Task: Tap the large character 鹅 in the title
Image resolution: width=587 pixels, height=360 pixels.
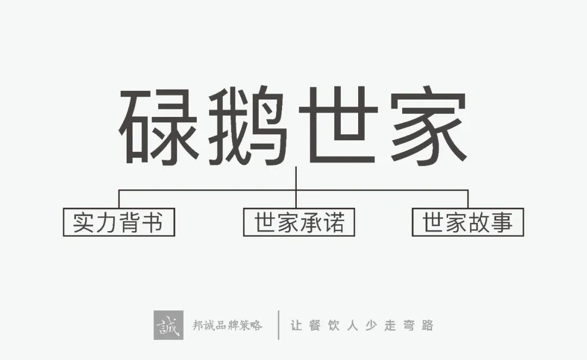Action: (248, 126)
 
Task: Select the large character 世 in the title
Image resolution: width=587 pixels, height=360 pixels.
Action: (338, 126)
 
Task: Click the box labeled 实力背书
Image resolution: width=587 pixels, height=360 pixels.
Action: (118, 222)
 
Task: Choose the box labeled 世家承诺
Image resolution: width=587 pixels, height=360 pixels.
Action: (299, 222)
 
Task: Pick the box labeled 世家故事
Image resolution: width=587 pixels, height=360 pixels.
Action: (467, 222)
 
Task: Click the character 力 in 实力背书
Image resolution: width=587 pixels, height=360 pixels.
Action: (107, 222)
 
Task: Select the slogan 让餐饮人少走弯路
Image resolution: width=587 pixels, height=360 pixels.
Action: (361, 326)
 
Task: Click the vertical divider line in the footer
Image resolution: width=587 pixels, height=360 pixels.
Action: (279, 325)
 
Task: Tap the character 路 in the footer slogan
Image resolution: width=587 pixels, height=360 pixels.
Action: (427, 326)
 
